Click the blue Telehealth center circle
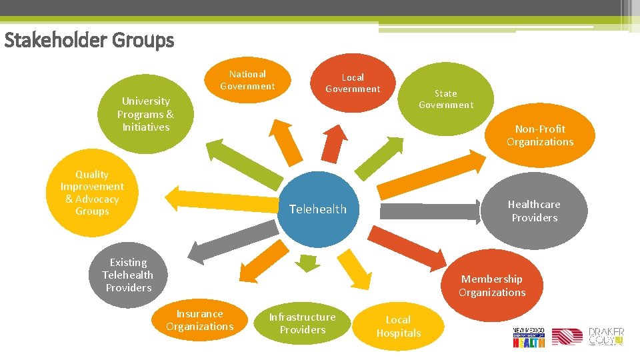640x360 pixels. [318, 208]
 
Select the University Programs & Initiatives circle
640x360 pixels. [145, 114]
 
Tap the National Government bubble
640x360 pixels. [247, 80]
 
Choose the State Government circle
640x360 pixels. [446, 99]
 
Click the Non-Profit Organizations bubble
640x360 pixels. [539, 135]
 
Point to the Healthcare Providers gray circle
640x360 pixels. [534, 211]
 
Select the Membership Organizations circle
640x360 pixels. [492, 285]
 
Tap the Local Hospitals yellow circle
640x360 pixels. [399, 326]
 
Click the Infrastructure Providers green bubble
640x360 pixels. [302, 323]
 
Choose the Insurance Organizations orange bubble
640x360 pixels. [199, 320]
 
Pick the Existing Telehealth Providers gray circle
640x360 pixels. [128, 275]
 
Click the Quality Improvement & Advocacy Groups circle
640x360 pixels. [92, 193]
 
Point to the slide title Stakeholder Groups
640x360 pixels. [89, 41]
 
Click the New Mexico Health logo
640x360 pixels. [529, 337]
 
